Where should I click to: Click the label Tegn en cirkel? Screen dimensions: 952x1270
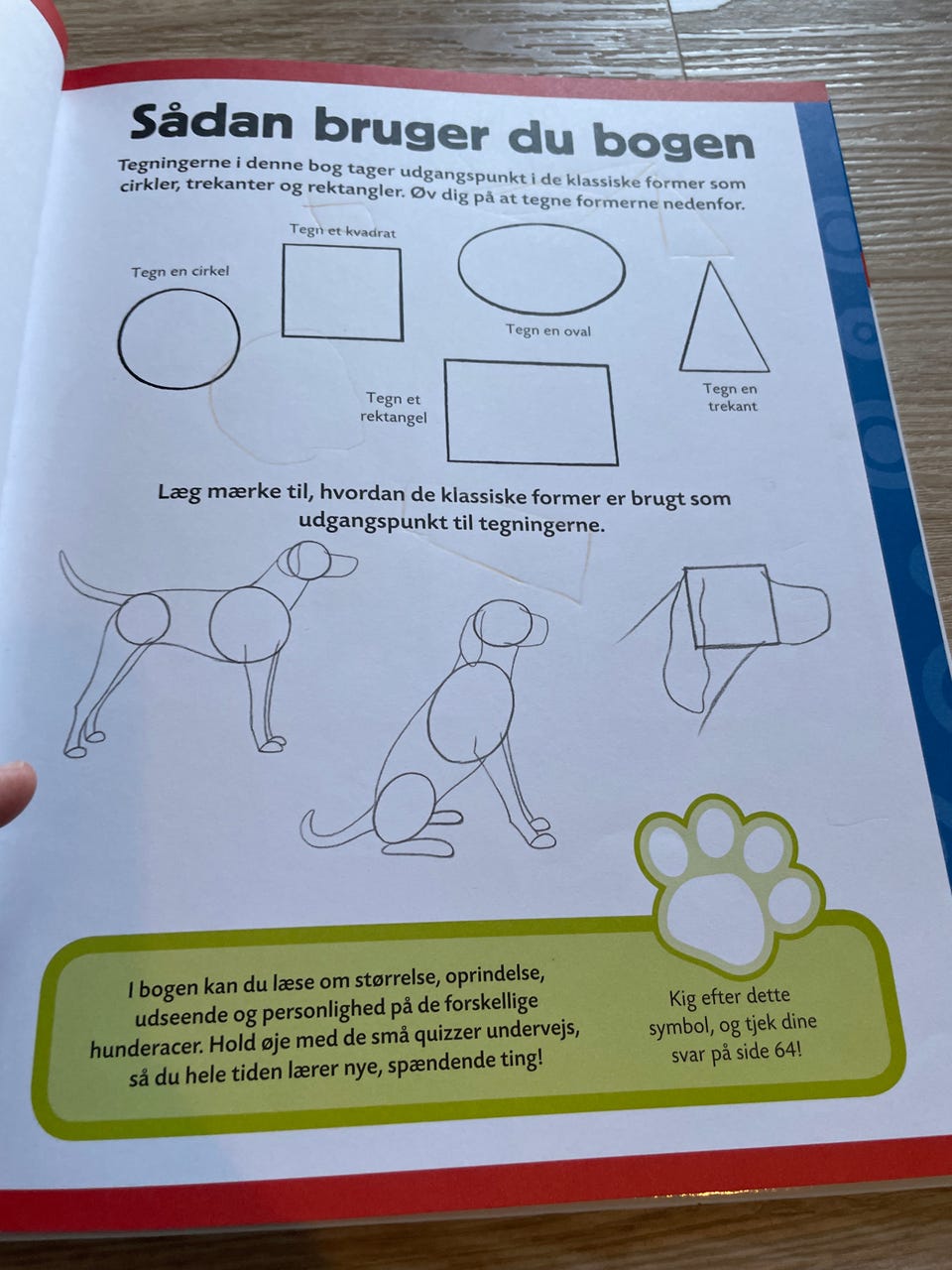point(179,271)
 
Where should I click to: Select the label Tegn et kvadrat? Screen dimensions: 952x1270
point(343,231)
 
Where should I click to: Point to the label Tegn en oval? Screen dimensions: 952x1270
point(548,330)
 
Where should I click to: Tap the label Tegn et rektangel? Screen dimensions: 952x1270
point(394,408)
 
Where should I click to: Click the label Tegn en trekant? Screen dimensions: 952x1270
point(731,397)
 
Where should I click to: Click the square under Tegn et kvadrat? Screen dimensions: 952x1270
point(283,292)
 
